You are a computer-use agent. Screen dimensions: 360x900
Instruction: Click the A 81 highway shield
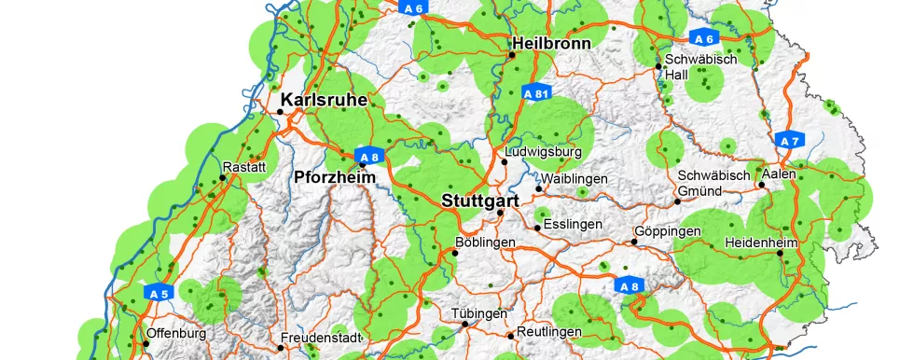(535, 93)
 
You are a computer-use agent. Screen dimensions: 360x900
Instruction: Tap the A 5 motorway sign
(159, 293)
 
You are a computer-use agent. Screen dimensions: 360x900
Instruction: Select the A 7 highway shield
(789, 141)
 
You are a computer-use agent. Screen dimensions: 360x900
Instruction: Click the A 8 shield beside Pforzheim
(368, 156)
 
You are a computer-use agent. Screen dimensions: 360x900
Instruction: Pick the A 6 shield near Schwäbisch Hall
(704, 38)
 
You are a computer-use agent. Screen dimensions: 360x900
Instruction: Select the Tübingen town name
(478, 313)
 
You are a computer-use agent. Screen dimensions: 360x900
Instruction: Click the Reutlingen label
(549, 332)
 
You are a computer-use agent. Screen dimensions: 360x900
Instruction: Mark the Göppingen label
(667, 230)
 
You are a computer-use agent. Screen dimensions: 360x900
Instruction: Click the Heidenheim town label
(759, 244)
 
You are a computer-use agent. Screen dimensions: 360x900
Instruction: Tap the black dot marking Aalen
(762, 185)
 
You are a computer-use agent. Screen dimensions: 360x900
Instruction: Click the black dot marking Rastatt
(223, 178)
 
